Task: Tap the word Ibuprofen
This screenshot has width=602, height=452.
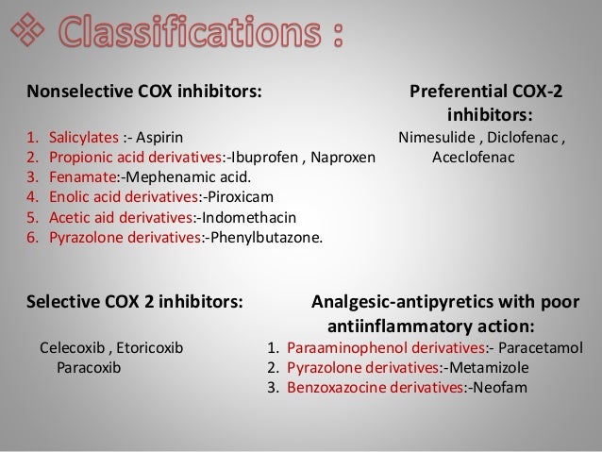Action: click(262, 157)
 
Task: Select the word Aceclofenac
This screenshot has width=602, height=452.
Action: click(473, 157)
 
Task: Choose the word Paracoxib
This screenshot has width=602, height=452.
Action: click(89, 366)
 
